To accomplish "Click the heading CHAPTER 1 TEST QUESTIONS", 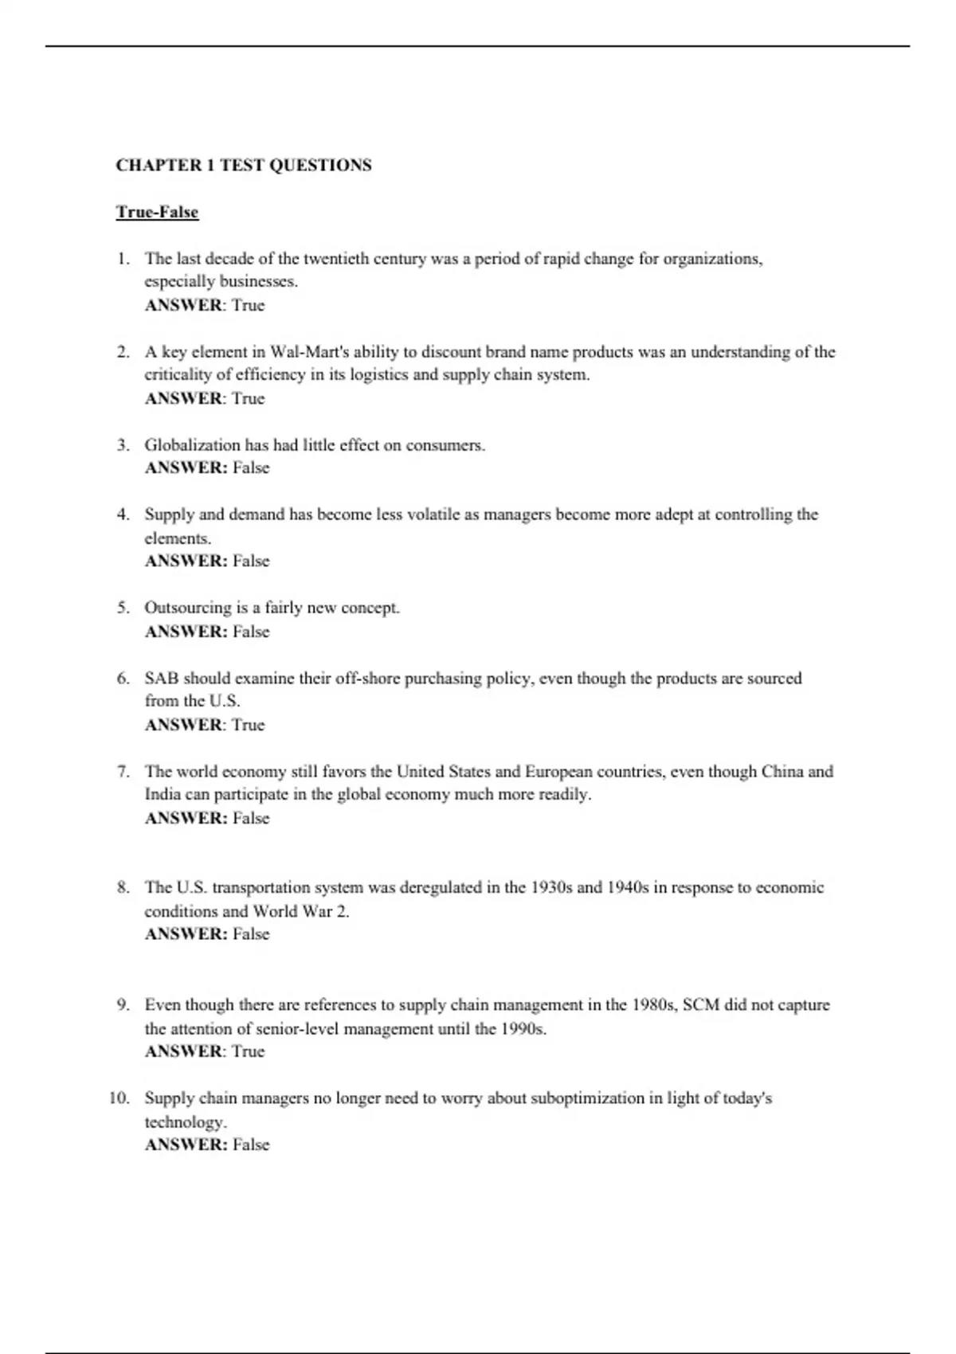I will (x=244, y=166).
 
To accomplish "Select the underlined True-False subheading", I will (x=157, y=212).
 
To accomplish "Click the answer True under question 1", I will (x=248, y=306).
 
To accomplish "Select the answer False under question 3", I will (x=251, y=468).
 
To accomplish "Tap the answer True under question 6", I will (x=248, y=726).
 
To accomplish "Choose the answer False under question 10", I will (x=251, y=1145).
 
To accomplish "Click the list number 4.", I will (x=123, y=515).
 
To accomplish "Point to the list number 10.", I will (x=119, y=1098).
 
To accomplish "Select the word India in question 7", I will (x=163, y=795).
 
